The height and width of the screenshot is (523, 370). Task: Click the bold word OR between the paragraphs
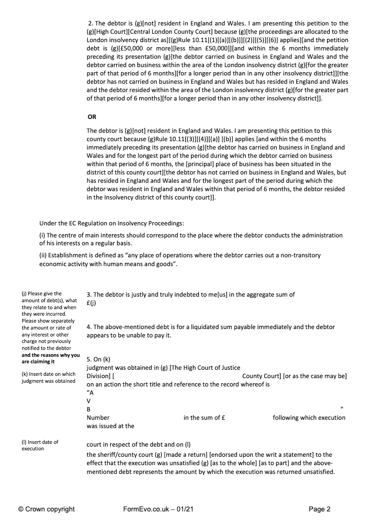[x=92, y=117]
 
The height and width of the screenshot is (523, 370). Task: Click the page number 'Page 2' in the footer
[x=320, y=509]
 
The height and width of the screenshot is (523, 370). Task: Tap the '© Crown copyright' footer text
[x=46, y=509]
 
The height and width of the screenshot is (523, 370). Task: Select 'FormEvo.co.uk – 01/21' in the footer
[x=158, y=509]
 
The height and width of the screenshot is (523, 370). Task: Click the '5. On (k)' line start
[x=98, y=359]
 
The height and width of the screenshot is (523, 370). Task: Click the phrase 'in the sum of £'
[x=204, y=417]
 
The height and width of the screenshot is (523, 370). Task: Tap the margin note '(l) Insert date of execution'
[x=40, y=445]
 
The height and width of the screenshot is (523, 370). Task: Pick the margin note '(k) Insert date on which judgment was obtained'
[x=49, y=377]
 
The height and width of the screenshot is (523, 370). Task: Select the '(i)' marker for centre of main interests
[x=42, y=235]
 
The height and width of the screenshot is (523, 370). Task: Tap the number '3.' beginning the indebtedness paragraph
[x=89, y=294]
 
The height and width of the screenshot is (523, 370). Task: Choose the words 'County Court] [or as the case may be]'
[x=295, y=376]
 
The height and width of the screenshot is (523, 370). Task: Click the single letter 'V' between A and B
[x=89, y=401]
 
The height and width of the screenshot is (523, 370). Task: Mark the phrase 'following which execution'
[x=309, y=417]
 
